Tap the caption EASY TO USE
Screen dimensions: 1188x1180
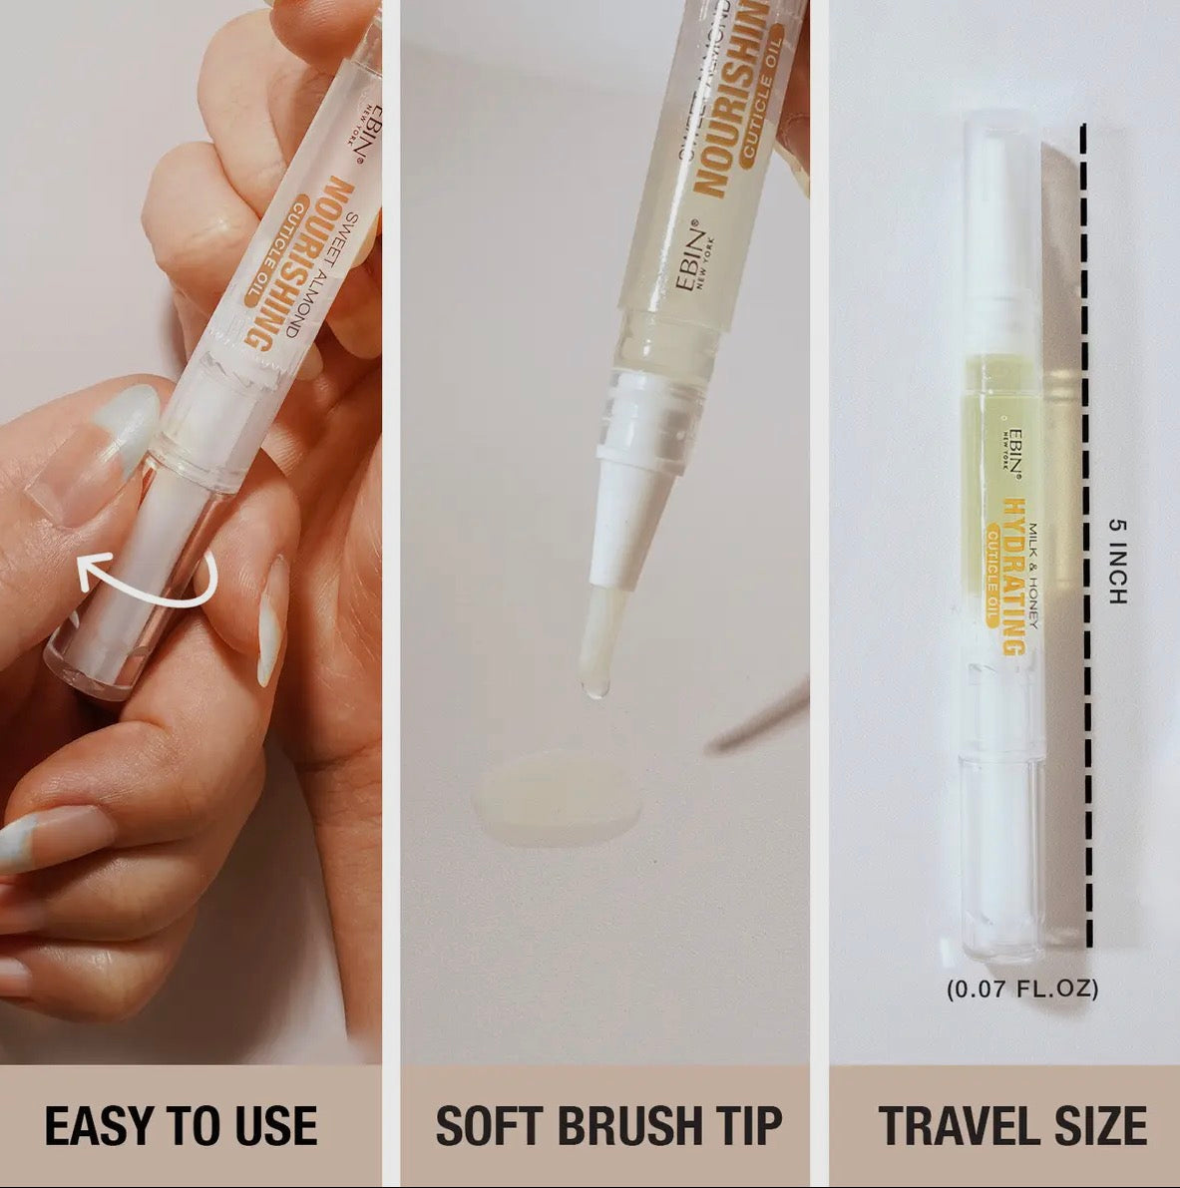pos(181,1125)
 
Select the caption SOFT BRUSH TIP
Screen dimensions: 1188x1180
pos(607,1125)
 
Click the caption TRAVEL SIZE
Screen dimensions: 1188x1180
pos(1011,1125)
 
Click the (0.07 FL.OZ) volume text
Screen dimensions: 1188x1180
pos(1021,990)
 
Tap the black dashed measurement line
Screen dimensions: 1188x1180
pos(1084,539)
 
